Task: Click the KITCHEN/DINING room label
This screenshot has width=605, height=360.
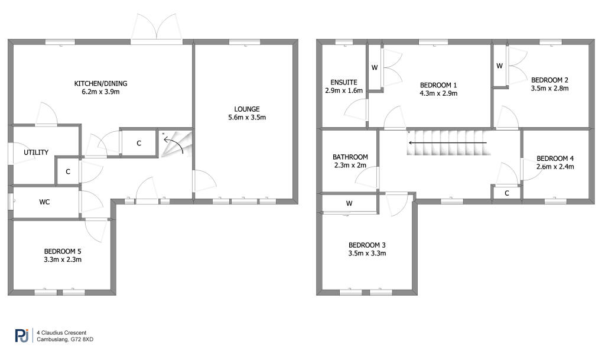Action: coord(100,83)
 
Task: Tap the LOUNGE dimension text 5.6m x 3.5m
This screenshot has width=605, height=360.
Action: coord(247,117)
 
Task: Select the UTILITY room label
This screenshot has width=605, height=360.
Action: coord(36,153)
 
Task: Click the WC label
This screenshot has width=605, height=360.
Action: coord(44,202)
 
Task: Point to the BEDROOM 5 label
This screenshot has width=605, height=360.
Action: coord(63,251)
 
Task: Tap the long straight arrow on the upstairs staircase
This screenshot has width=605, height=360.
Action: coord(448,143)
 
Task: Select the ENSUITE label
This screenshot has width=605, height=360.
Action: coord(344,82)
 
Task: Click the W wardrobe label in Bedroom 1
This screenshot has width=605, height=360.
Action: coord(374,68)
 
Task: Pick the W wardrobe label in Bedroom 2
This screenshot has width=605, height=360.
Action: coord(499,66)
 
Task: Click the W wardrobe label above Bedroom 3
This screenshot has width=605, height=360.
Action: coord(349,203)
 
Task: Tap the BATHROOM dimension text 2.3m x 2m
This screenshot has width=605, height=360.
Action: coord(350,165)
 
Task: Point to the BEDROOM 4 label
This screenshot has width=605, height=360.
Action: coord(555,158)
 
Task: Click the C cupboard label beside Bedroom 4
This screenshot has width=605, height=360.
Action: coord(506,193)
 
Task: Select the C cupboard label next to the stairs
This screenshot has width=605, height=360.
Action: coord(139,143)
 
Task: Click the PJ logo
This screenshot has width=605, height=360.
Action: coord(22,335)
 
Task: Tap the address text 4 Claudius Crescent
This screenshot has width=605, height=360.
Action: coord(61,333)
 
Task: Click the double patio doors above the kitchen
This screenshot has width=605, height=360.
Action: coord(156,27)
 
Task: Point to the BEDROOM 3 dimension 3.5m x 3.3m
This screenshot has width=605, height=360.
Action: coord(367,253)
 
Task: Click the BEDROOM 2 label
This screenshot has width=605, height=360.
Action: coord(549,80)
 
